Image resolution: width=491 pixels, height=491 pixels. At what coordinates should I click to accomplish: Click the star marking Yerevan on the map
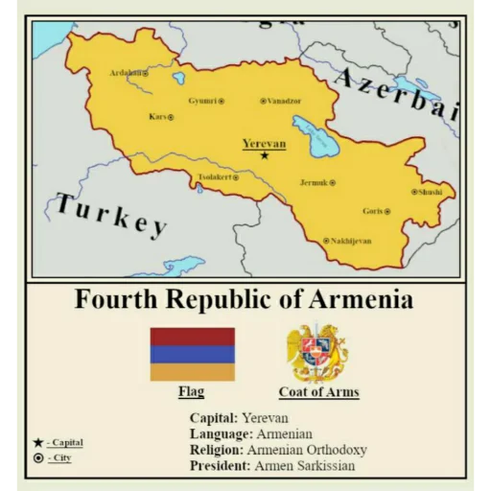(265, 154)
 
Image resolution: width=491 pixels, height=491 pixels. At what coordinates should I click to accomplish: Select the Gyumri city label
(201, 101)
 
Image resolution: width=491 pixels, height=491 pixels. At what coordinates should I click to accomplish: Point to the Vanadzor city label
(284, 101)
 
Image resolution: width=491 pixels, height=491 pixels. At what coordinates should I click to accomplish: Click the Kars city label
(158, 117)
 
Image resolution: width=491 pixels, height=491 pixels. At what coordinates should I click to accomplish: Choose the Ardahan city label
(126, 73)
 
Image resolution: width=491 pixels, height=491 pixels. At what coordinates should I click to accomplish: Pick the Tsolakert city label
(214, 177)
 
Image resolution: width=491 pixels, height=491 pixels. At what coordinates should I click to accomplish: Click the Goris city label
(373, 211)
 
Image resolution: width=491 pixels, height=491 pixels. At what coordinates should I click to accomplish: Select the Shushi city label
(431, 192)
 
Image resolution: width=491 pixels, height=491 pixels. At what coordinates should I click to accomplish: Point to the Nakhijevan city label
(350, 241)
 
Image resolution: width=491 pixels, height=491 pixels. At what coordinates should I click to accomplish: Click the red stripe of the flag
(192, 336)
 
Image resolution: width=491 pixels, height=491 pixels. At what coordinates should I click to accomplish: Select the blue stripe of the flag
(192, 354)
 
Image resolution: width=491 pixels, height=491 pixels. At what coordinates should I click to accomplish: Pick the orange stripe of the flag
(192, 371)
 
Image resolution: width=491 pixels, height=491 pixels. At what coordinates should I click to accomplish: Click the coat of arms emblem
(318, 353)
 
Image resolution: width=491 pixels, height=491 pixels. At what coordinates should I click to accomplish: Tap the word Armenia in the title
(359, 300)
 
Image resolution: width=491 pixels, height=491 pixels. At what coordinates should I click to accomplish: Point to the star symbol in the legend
(37, 442)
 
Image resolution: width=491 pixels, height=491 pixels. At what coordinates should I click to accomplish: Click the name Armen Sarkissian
(304, 466)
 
